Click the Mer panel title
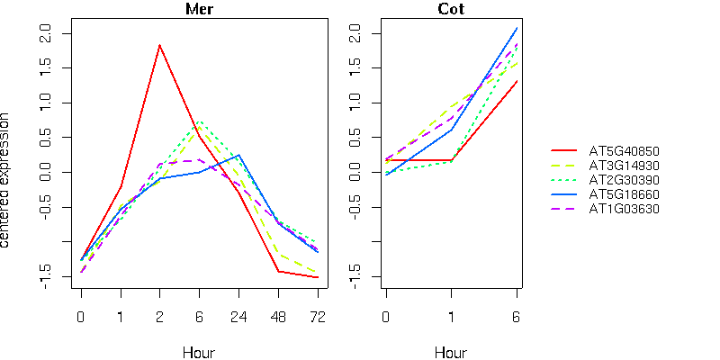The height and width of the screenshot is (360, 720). tap(199, 10)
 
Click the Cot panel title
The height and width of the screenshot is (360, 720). tap(451, 10)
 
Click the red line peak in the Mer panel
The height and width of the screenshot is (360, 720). tap(159, 45)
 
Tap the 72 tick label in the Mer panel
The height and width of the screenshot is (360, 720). tap(317, 317)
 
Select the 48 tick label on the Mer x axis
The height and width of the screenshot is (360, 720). tap(277, 317)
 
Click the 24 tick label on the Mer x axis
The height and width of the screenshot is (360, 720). tap(238, 317)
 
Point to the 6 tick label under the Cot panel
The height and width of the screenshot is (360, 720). tap(517, 317)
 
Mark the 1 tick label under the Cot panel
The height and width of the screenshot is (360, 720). tap(451, 317)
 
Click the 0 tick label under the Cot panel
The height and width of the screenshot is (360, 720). tap(385, 317)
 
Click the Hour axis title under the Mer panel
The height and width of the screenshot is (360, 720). tap(199, 352)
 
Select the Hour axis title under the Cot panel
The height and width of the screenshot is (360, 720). tap(451, 352)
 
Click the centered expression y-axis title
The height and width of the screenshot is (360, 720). tap(8, 180)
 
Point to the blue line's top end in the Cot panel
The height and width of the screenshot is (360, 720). tap(517, 28)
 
